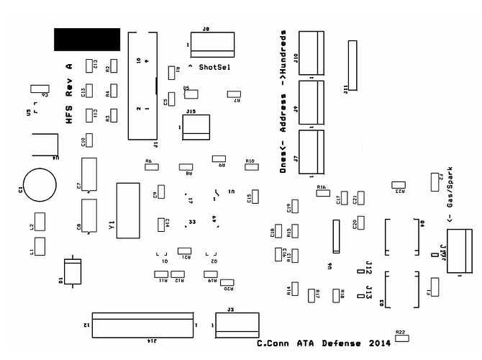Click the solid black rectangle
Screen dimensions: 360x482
87,39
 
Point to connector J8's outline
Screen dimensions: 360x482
212,44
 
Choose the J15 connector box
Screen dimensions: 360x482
196,127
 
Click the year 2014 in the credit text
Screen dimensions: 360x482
380,343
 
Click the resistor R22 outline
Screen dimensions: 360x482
401,337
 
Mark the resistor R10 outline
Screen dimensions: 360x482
252,166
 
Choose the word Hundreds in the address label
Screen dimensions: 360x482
284,54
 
